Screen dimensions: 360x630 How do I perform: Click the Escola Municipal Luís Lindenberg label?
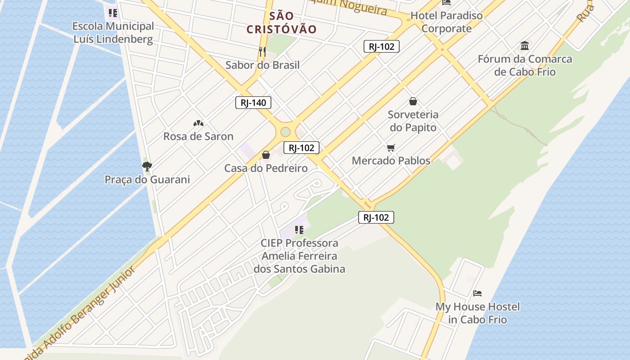coord(113,33)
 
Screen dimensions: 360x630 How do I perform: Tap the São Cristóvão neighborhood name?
coord(282,23)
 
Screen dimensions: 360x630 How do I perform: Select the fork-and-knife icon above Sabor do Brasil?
coord(262,52)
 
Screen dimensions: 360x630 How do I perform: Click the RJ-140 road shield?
coord(253,103)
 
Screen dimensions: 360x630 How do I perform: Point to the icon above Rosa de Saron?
coord(198,123)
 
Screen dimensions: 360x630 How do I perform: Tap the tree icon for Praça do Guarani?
coord(147,166)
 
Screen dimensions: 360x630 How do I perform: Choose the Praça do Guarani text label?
coord(147,180)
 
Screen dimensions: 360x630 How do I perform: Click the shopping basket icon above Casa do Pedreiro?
coord(266,155)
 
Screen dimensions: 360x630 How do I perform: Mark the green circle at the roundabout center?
coord(285,131)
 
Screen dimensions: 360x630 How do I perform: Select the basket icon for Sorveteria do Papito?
coord(413,102)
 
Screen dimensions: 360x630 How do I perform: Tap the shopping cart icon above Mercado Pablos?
coord(391,148)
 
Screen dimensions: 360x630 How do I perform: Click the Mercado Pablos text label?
coord(391,161)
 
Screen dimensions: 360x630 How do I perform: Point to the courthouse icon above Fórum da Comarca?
coord(525,45)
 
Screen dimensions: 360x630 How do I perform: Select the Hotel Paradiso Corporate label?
coord(446,22)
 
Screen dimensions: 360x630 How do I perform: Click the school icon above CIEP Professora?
coord(299,230)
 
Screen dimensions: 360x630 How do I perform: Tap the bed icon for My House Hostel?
coord(477,293)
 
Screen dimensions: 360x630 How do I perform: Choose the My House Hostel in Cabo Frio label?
coord(477,313)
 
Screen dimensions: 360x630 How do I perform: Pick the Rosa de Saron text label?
coord(198,136)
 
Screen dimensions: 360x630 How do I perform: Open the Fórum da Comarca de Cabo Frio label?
coord(525,65)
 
